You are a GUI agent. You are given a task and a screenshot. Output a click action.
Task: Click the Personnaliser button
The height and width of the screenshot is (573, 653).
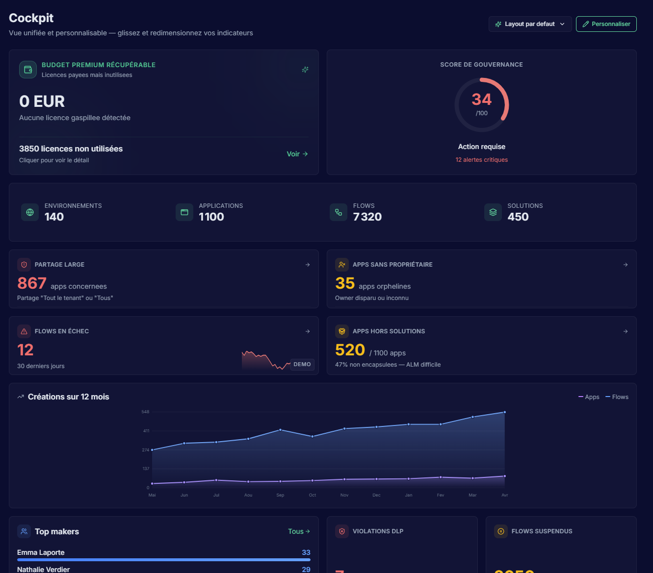coord(606,24)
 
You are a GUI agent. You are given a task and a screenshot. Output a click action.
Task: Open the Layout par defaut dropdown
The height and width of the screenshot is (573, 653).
coord(530,24)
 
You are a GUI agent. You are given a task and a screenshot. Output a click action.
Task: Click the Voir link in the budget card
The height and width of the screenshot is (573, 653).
coord(297,154)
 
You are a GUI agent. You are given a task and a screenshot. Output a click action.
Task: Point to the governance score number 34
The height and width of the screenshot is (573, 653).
coord(481,100)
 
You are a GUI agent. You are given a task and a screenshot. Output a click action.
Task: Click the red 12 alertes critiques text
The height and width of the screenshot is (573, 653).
coord(481,160)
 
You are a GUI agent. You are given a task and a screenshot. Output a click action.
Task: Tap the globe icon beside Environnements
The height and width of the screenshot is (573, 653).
coord(30,212)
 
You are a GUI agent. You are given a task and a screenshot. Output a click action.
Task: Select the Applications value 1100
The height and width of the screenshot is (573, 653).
coord(211,217)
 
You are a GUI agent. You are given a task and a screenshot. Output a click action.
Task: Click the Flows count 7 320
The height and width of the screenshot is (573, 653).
coord(367,217)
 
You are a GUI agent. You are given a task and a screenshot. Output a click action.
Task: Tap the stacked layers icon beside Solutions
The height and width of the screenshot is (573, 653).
coord(493,212)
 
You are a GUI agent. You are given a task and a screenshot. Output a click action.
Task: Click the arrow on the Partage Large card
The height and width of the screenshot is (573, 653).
coord(308,265)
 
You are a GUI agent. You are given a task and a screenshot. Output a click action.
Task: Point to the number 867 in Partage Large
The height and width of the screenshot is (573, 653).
coord(32,283)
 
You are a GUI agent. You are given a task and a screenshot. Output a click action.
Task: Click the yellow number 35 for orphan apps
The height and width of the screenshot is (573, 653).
coord(345,283)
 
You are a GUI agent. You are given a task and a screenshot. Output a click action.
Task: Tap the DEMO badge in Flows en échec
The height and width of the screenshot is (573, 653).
coord(302,364)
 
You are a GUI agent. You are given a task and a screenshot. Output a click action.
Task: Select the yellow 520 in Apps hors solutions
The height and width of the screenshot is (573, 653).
coord(350,350)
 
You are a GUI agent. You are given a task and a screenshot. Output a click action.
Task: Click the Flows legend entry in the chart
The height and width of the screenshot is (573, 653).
coord(617,397)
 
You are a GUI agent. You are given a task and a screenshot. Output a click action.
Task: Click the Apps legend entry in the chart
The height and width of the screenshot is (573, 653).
coord(589,397)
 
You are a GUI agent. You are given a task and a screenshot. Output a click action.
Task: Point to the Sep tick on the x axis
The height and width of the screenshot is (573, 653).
coord(280,495)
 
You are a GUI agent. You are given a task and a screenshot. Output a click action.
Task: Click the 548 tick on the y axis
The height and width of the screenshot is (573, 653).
coord(145,412)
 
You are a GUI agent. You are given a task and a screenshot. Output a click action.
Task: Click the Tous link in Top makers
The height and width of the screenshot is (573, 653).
coord(298,531)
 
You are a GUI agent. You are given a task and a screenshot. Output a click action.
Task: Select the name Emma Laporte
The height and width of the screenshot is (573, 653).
coord(41,552)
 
